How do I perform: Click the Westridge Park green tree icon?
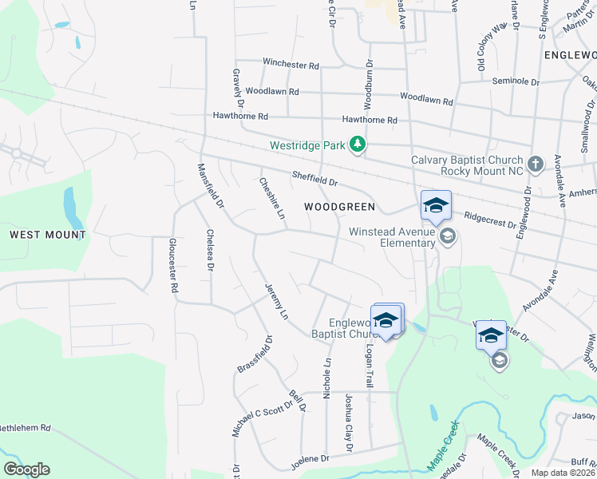[359, 144]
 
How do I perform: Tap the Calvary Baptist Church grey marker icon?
[535, 164]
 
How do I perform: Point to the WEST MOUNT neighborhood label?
[47, 235]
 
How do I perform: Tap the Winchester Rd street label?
[291, 63]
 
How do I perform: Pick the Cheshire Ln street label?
[271, 197]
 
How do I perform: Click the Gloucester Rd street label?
[172, 266]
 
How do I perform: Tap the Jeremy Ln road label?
[275, 302]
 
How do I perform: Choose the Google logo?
[26, 469]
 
